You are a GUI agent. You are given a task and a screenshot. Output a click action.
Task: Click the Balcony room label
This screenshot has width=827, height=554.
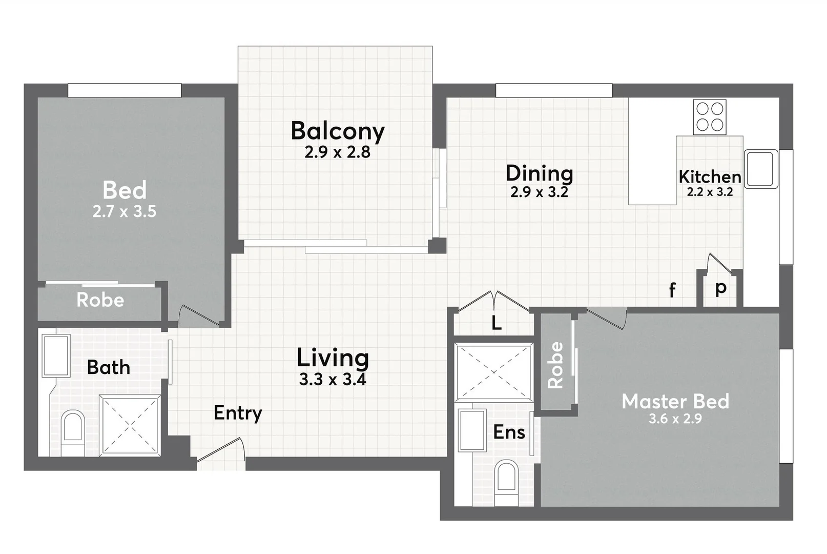[x=338, y=131]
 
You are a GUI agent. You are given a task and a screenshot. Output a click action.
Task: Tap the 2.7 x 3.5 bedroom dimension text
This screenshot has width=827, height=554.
[x=125, y=211]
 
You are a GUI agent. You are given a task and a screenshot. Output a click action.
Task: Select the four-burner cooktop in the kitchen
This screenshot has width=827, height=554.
[x=710, y=117]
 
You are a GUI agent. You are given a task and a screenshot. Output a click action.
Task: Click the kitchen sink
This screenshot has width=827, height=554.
[x=761, y=169]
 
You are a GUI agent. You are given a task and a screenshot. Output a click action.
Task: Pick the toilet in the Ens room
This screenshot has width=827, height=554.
[x=507, y=483]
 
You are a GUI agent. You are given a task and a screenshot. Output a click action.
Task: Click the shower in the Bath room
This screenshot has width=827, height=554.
[x=130, y=424]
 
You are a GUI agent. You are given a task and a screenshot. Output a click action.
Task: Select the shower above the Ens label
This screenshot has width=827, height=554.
[x=493, y=372]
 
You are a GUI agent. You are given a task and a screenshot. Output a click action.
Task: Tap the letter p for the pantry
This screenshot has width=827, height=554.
[x=720, y=289]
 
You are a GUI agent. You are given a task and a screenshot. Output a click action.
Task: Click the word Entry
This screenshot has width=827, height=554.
[x=238, y=413]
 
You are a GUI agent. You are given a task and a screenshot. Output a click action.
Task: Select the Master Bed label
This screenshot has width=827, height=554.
[x=675, y=401]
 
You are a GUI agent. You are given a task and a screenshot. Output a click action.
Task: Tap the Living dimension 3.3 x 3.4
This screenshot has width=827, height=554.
[x=333, y=380]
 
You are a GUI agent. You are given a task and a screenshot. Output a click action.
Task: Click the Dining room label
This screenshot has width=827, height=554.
[x=539, y=173]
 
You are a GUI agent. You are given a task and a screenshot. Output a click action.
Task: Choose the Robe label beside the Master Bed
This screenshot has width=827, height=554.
[x=555, y=365]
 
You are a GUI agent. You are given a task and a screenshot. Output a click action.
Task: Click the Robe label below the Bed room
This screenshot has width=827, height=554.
[x=100, y=300]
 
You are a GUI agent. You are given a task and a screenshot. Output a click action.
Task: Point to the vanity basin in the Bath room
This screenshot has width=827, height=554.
[x=56, y=356]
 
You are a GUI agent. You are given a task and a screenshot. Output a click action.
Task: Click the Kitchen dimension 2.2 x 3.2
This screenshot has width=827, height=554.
[x=710, y=192]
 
